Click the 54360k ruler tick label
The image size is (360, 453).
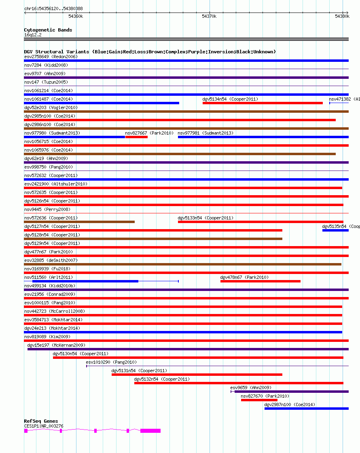pyautogui.click(x=76, y=16)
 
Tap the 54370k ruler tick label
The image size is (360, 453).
pyautogui.click(x=209, y=16)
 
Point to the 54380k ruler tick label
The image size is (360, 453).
pyautogui.click(x=342, y=16)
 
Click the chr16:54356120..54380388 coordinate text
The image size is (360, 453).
pyautogui.click(x=53, y=8)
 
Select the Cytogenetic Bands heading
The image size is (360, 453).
pyautogui.click(x=48, y=30)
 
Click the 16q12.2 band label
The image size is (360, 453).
pyautogui.click(x=33, y=35)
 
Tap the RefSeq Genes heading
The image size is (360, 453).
pyautogui.click(x=41, y=421)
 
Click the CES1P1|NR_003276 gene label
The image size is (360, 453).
pyautogui.click(x=44, y=426)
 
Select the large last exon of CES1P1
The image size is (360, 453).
pyautogui.click(x=150, y=431)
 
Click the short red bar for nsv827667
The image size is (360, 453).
pyautogui.click(x=136, y=137)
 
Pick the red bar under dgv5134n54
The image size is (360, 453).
pyautogui.click(x=263, y=103)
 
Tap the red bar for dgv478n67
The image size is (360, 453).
pyautogui.click(x=260, y=281)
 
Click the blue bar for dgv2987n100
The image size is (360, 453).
pyautogui.click(x=306, y=409)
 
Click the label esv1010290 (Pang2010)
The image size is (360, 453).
pyautogui.click(x=111, y=362)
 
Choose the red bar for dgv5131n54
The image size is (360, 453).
pyautogui.click(x=197, y=375)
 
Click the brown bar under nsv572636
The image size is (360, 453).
pyautogui.click(x=79, y=222)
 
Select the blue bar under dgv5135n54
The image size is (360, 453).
pyautogui.click(x=335, y=230)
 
